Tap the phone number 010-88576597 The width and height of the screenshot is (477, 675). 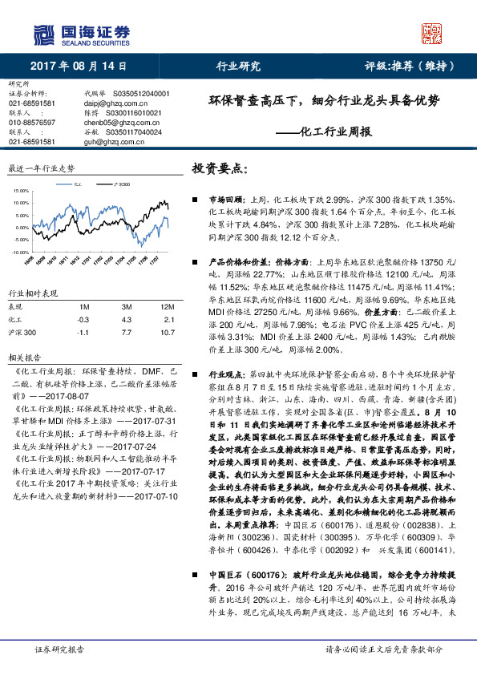coord(31,122)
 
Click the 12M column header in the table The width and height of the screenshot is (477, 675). coord(167,307)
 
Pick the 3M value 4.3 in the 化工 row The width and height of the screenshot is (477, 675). coord(126,319)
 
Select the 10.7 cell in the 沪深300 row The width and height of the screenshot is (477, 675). coord(167,331)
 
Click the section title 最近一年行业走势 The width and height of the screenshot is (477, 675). coord(41,169)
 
